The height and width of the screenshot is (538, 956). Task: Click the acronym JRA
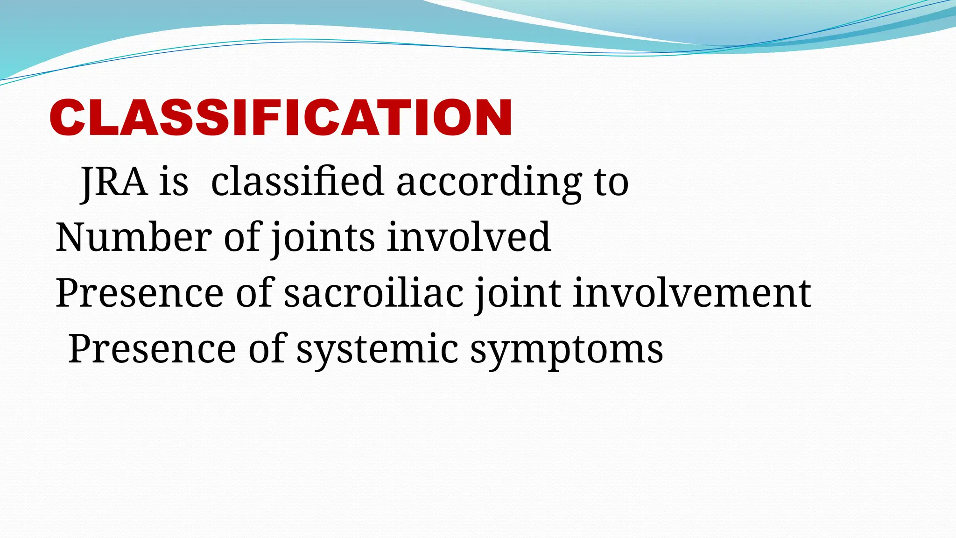(114, 182)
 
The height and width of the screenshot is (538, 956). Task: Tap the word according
(489, 182)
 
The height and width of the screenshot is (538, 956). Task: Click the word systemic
(378, 349)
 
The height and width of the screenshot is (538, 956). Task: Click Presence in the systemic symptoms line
(152, 349)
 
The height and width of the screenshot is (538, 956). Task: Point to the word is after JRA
(174, 182)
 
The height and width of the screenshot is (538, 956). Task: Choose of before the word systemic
(266, 349)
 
